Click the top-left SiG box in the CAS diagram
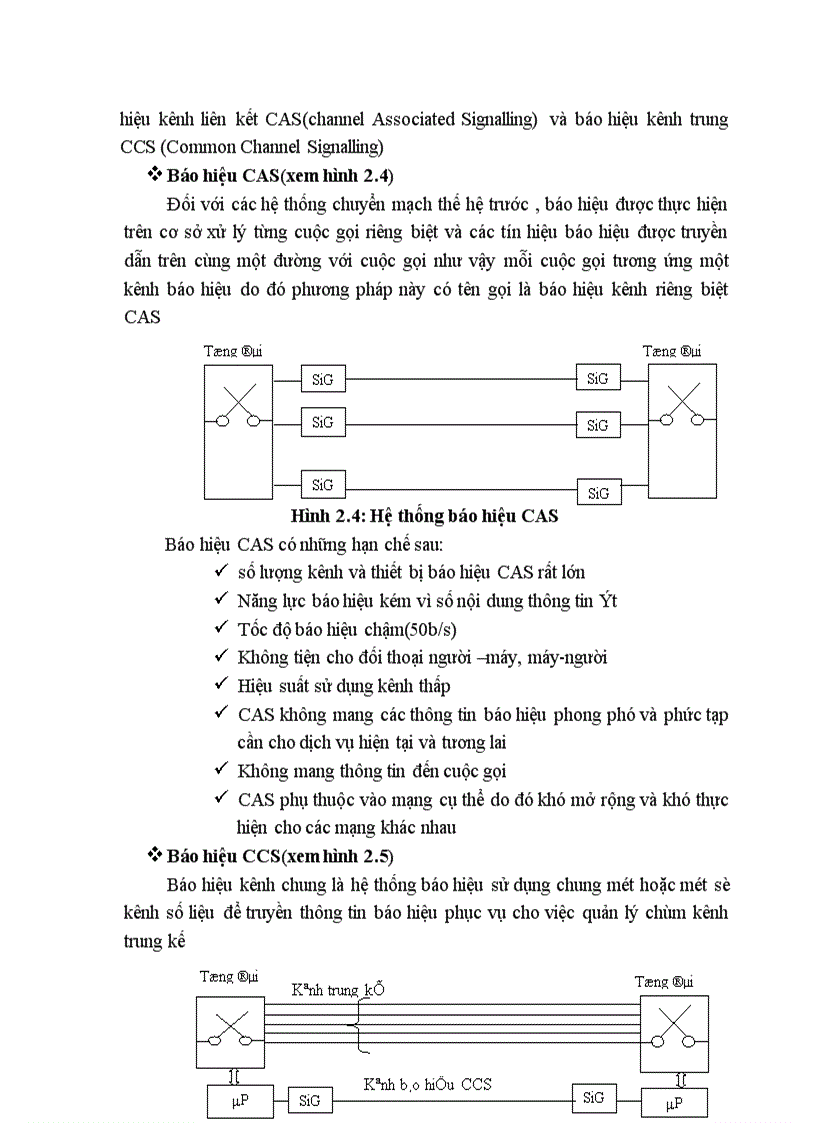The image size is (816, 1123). click(x=322, y=379)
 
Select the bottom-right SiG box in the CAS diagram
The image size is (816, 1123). click(x=597, y=493)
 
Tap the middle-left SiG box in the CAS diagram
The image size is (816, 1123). click(x=322, y=422)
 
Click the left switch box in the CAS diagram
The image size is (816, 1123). click(x=239, y=431)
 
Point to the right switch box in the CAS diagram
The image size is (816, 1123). click(x=681, y=431)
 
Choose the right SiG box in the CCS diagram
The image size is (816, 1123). click(x=592, y=1098)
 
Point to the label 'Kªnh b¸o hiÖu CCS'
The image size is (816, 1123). click(x=427, y=1084)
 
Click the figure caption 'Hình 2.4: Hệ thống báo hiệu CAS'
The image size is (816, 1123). click(x=424, y=517)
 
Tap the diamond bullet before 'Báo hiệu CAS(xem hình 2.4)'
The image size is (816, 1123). click(x=155, y=175)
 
